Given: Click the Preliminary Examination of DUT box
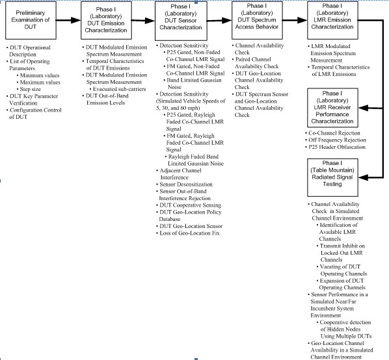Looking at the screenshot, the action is pos(31,20).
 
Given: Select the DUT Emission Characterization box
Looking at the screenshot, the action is pos(106,20).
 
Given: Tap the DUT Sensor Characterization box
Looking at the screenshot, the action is pos(181,21).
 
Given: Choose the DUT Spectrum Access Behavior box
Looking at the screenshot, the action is pos(257,20).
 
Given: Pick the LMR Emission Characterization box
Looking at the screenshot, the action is pos(332,20).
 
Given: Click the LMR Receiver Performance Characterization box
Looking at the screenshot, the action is pos(332,107).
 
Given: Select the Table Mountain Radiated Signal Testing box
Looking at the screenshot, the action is pos(332,177).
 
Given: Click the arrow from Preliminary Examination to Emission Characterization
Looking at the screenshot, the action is pos(68,20).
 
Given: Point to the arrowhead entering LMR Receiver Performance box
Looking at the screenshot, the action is pos(363,108).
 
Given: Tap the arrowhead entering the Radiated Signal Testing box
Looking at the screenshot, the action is pos(363,177).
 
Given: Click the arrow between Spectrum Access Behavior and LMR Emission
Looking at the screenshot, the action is pos(295,20).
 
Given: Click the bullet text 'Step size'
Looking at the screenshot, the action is pos(29,89).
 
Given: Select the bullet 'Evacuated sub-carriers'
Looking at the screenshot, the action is pos(118,89).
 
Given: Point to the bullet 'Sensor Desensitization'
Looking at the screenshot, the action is pos(184,185).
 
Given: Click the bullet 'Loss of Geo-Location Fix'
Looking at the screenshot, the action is pos(188,233).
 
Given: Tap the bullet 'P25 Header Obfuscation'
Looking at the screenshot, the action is pos(335,147).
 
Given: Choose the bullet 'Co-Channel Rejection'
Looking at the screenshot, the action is pos(332,133).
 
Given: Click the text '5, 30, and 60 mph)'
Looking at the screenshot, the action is pos(178,108).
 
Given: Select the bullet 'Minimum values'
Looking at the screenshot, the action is pos(38,75).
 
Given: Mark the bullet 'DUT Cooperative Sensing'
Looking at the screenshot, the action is pos(189,205).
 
